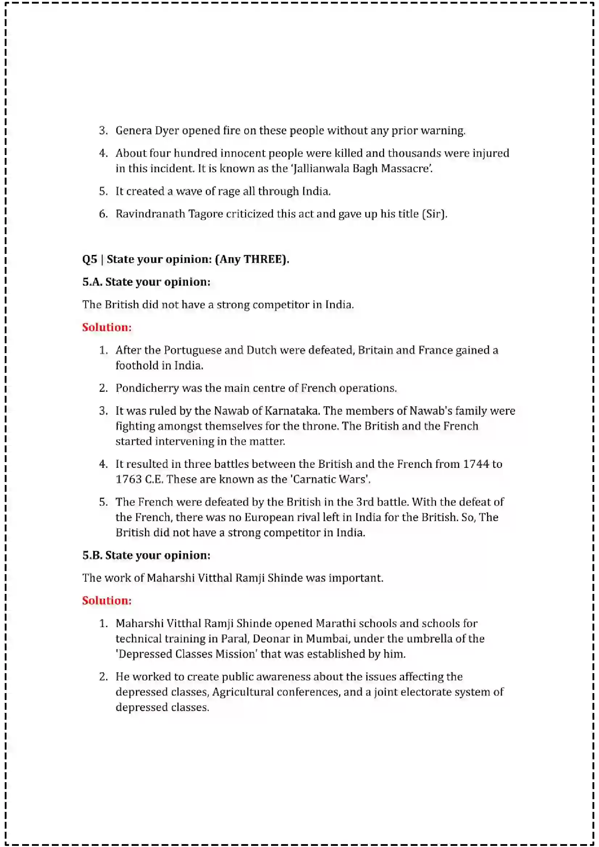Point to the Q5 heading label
coord(90,259)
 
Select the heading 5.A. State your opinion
coord(146,282)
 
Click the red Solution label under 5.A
coord(107,328)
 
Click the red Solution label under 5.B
coord(107,601)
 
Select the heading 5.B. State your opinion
coord(146,555)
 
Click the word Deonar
coord(271,639)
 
